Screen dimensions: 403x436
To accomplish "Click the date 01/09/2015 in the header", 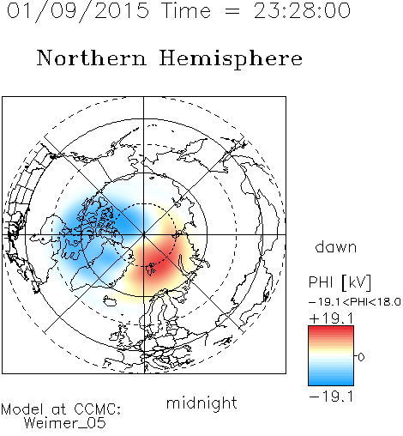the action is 78,11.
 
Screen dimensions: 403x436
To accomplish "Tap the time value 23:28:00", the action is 302,10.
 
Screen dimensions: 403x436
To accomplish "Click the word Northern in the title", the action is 92,58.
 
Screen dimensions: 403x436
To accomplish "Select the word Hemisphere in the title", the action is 231,59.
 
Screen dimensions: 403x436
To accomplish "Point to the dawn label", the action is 336,247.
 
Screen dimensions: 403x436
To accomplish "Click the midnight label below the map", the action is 201,403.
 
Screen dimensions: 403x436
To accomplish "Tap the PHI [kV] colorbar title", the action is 340,282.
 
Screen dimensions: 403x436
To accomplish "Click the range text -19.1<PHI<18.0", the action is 355,302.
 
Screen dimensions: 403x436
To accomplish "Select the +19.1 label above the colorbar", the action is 331,318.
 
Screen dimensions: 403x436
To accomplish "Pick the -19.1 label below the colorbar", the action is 331,397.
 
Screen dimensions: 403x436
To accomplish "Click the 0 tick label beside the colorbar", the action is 361,357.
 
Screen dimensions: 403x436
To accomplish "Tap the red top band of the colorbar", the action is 331,330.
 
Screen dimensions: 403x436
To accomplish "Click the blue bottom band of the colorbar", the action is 331,380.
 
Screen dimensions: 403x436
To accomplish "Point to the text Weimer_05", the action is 65,423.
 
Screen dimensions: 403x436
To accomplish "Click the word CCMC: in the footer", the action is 98,409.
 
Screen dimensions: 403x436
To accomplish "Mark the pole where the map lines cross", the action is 144,235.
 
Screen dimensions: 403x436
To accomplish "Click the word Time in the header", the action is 186,10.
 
